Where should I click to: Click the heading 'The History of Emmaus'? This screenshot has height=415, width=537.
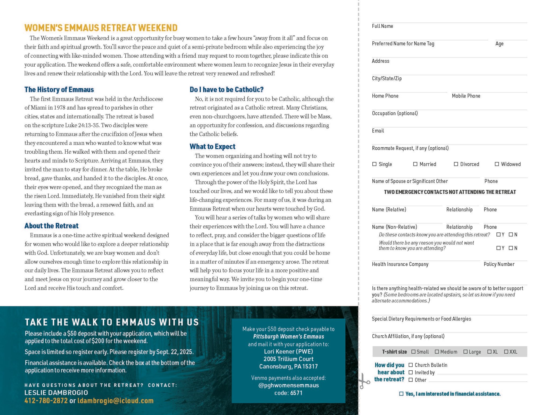click(59, 89)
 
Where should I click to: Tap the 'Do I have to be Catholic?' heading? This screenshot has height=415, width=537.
click(226, 89)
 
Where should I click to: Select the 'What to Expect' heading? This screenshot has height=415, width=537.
click(212, 146)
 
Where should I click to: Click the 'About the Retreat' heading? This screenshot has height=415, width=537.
click(51, 226)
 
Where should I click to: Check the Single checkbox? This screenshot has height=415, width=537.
click(374, 164)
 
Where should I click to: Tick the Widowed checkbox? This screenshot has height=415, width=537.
click(497, 164)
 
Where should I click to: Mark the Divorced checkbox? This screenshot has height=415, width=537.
click(456, 164)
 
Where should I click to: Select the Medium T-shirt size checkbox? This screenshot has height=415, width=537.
click(437, 352)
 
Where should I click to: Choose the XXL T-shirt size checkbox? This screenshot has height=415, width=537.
click(506, 352)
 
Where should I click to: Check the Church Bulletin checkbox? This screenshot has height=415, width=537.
click(411, 365)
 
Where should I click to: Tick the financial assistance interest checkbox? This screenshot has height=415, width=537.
click(401, 394)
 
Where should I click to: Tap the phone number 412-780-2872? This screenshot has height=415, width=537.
click(46, 400)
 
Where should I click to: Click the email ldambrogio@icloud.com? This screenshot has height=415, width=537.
click(115, 400)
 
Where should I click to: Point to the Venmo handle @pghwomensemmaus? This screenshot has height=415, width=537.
click(288, 385)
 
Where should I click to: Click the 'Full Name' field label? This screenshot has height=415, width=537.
click(382, 26)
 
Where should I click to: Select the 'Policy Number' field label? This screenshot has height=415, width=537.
click(499, 264)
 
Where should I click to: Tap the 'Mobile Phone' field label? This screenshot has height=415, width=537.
click(466, 96)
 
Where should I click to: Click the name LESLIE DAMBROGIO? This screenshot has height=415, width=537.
click(56, 392)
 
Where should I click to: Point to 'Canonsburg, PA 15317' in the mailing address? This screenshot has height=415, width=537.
click(288, 366)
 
